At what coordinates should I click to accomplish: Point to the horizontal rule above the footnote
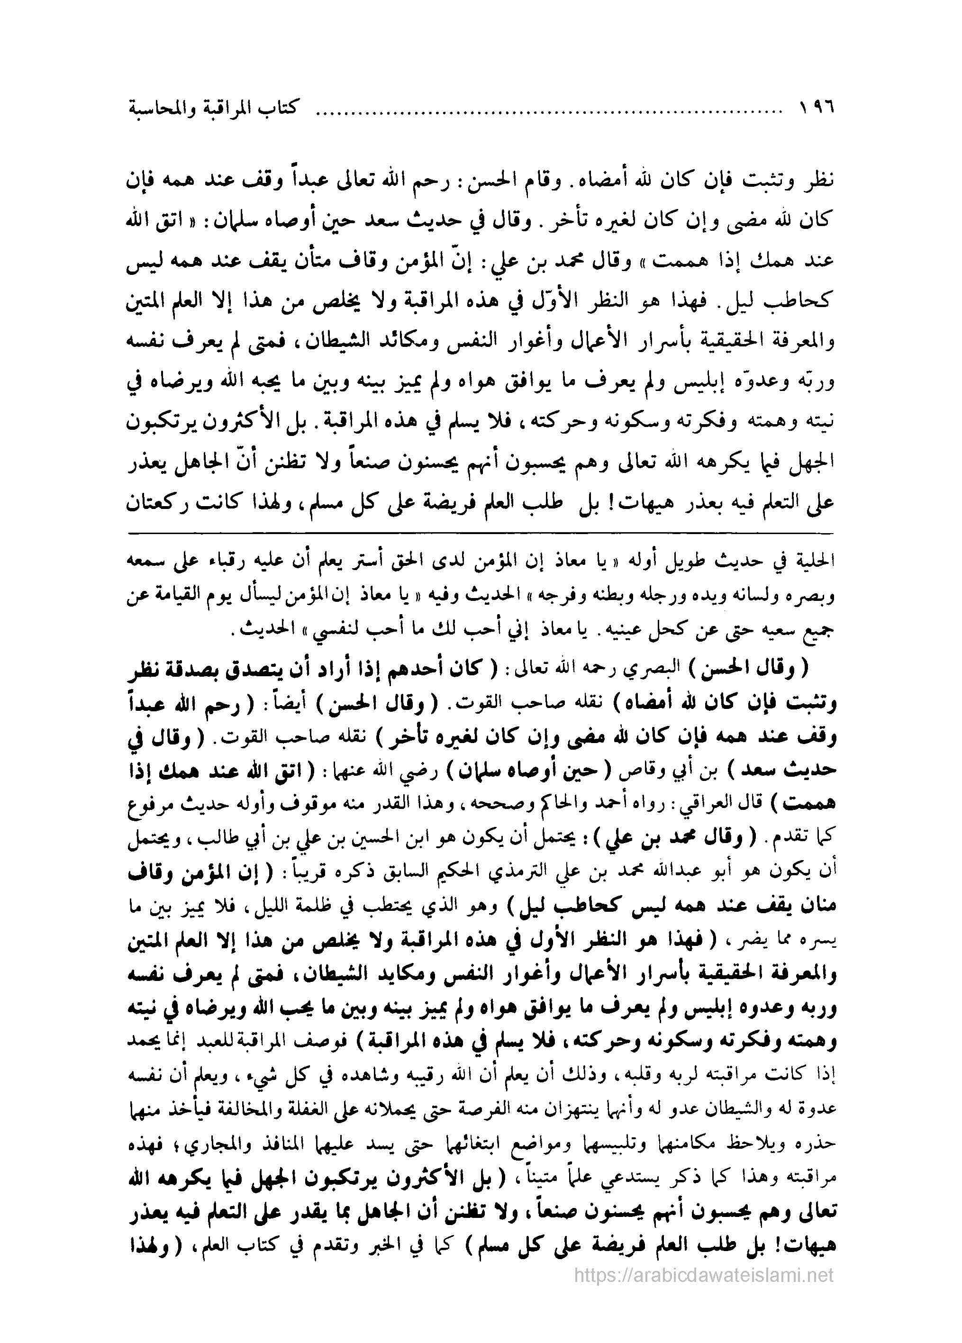click(x=481, y=534)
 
